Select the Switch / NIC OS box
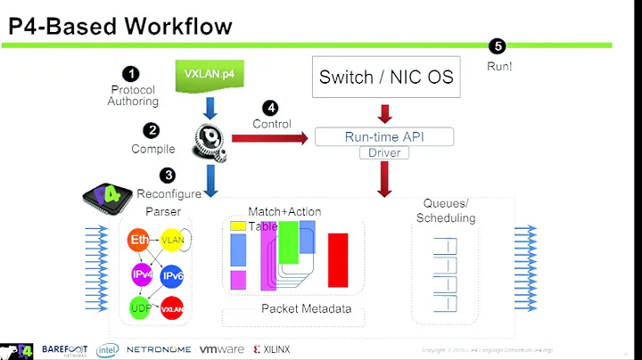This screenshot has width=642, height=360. [386, 77]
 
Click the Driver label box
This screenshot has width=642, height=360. [383, 153]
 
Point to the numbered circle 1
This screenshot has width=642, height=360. [131, 75]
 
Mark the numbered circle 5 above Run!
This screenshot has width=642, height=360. [498, 46]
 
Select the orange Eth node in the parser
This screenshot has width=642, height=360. [140, 240]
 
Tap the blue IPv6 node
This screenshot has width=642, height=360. [172, 275]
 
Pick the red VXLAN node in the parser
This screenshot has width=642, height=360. [171, 309]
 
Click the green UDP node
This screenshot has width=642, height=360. [139, 307]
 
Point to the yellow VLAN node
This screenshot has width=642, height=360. [171, 240]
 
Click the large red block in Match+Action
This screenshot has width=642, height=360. [338, 259]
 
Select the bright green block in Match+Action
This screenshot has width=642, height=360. [288, 242]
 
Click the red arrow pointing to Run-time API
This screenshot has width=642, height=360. [268, 138]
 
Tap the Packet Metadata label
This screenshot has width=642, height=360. [306, 309]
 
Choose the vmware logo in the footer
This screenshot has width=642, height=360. [222, 350]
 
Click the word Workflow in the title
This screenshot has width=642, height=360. [177, 26]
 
